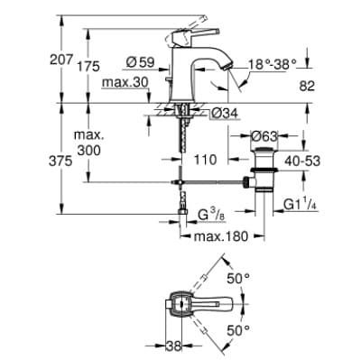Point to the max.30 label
(x=126, y=84)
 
